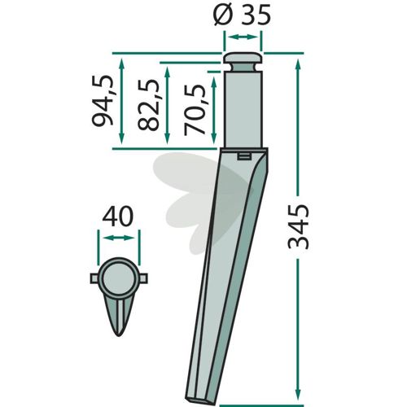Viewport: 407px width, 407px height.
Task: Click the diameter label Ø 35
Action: [x=242, y=14]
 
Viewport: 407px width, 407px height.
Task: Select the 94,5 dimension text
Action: [x=103, y=100]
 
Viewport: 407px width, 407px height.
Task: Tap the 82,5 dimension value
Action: [x=148, y=104]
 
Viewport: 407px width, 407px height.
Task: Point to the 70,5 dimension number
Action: [x=195, y=110]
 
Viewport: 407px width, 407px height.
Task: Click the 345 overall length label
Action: [x=298, y=227]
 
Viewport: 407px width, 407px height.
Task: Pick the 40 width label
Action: [x=118, y=217]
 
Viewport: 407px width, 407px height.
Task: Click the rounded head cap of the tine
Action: [x=243, y=58]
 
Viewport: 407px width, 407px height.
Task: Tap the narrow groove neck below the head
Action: [x=243, y=68]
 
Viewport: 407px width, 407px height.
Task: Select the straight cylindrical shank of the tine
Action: [x=243, y=109]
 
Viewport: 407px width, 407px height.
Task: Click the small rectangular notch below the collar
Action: [x=243, y=156]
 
